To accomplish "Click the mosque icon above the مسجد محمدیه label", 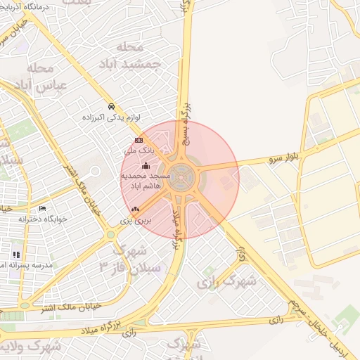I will pyautogui.click(x=146, y=165).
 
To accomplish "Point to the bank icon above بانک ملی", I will pyautogui.click(x=139, y=141).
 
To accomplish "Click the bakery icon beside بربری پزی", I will pyautogui.click(x=135, y=209).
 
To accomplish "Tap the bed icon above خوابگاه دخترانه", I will pyautogui.click(x=43, y=209).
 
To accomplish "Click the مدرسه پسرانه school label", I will pyautogui.click(x=14, y=265).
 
